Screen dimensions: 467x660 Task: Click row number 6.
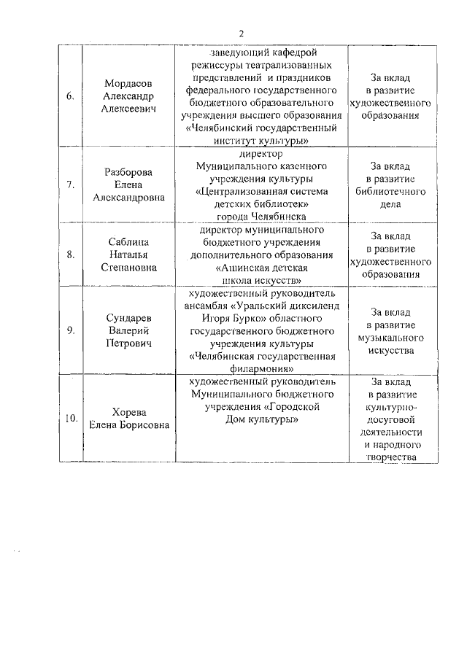[x=70, y=97]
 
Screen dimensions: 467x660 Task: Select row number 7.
[x=70, y=185]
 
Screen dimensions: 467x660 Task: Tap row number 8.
[x=70, y=255]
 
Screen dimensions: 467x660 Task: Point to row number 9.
[x=70, y=330]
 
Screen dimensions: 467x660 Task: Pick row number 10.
[x=71, y=419]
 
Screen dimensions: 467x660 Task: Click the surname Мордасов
[x=128, y=85]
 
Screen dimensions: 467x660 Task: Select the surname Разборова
[x=128, y=173]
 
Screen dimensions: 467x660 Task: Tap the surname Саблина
[x=128, y=242]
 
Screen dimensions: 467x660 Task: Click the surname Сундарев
[x=128, y=318]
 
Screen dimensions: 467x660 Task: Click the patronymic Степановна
[x=128, y=267]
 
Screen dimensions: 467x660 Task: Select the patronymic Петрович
[x=128, y=343]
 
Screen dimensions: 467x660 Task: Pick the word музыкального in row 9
[x=391, y=338]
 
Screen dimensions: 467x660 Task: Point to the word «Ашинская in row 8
[x=244, y=268]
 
